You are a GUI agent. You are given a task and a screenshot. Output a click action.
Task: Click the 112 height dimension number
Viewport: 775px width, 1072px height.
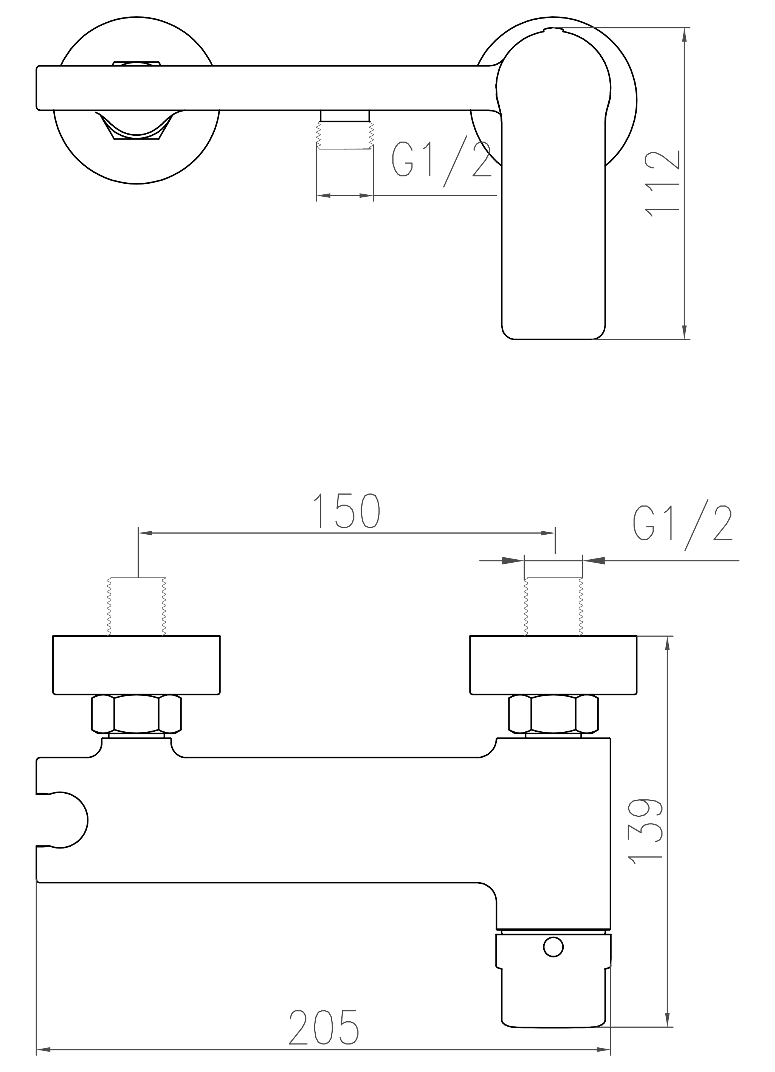click(662, 185)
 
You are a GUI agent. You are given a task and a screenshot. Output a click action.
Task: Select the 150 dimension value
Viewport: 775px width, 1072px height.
click(347, 511)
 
